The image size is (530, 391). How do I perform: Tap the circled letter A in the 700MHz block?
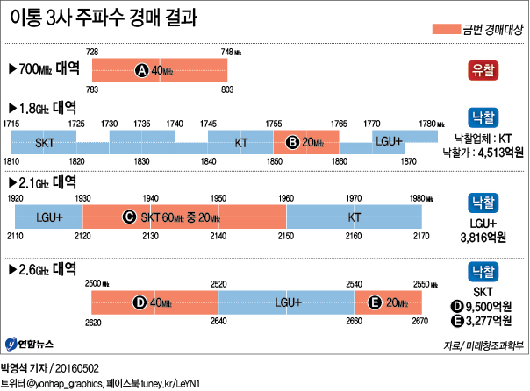[x=142, y=70]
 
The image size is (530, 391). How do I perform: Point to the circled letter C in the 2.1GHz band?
[x=129, y=215]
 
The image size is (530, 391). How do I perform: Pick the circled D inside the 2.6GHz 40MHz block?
[x=139, y=302]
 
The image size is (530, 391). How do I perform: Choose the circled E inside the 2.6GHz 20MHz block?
[x=376, y=302]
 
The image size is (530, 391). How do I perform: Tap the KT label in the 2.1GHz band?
[x=355, y=216]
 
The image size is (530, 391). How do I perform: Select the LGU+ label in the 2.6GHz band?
[x=288, y=302]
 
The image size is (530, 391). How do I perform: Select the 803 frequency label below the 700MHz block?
[x=227, y=89]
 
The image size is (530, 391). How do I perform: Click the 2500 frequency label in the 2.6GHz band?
[x=94, y=283]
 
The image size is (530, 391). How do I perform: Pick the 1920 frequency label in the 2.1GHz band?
[x=15, y=198]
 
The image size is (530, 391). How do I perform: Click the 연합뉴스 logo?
[x=31, y=342]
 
